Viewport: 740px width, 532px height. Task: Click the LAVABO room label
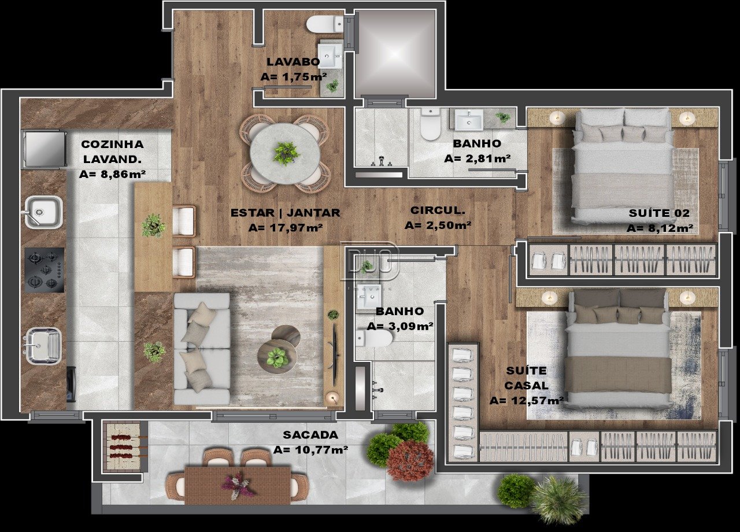point(293,62)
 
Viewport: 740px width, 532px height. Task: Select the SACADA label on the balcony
point(310,435)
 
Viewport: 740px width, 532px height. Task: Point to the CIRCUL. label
point(438,210)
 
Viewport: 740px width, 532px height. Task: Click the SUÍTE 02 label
point(659,213)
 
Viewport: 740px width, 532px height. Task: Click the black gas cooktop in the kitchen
point(45,270)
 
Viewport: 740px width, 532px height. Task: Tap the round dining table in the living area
point(285,154)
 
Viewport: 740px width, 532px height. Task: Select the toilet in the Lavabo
point(325,24)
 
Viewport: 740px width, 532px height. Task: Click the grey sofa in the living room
point(202,349)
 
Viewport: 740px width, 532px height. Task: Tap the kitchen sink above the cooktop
point(43,212)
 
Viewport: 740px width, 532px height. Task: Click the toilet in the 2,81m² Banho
point(430,124)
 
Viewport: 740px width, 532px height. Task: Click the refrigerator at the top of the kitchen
point(45,147)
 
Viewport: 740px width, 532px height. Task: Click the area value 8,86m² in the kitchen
point(112,174)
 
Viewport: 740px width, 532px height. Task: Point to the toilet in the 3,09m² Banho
point(374,338)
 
